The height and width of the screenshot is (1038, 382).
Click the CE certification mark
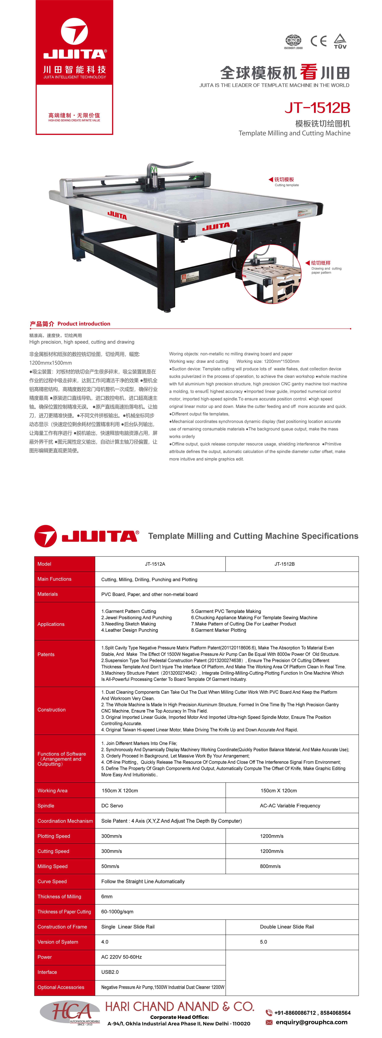click(x=318, y=41)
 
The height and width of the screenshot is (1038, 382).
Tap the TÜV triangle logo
click(x=340, y=41)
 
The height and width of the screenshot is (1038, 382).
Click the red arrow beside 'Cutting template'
click(x=271, y=180)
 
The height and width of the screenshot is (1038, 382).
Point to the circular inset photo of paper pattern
click(x=272, y=274)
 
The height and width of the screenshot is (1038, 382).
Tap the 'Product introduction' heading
click(x=84, y=324)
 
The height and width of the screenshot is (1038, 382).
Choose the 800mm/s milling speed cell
click(x=270, y=866)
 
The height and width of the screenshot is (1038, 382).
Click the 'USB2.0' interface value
click(x=110, y=972)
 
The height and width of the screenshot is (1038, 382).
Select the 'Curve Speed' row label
click(x=52, y=882)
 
